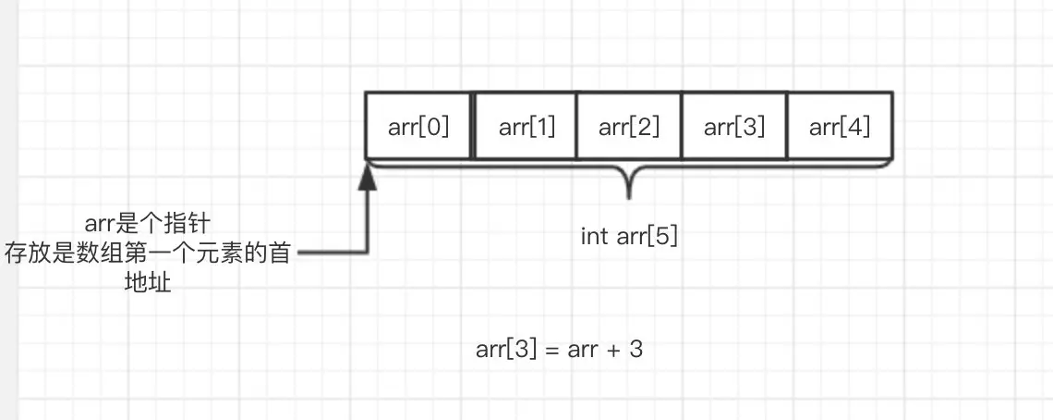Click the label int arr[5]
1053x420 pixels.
629,236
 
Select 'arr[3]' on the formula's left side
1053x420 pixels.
505,350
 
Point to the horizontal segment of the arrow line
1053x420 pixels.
333,252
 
